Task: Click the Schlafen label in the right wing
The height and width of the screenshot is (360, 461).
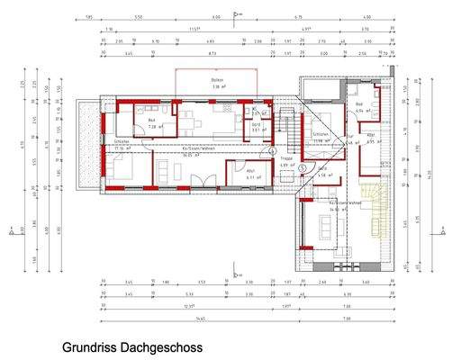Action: click(319, 134)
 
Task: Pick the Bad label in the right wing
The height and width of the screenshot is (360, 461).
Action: click(358, 106)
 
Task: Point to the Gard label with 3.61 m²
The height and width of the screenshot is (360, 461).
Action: click(255, 128)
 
